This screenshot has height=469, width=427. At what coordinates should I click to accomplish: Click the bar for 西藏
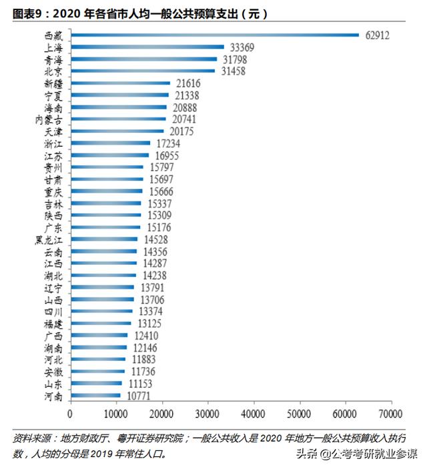point(214,35)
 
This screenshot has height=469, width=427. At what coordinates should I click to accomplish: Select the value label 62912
point(377,35)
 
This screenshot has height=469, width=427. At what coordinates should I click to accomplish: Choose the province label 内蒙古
point(49,119)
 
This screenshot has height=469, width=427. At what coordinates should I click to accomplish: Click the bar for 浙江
point(110,143)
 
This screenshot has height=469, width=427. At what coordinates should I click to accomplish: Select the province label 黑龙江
point(49,240)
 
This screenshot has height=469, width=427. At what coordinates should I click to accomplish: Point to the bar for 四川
point(101,312)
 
